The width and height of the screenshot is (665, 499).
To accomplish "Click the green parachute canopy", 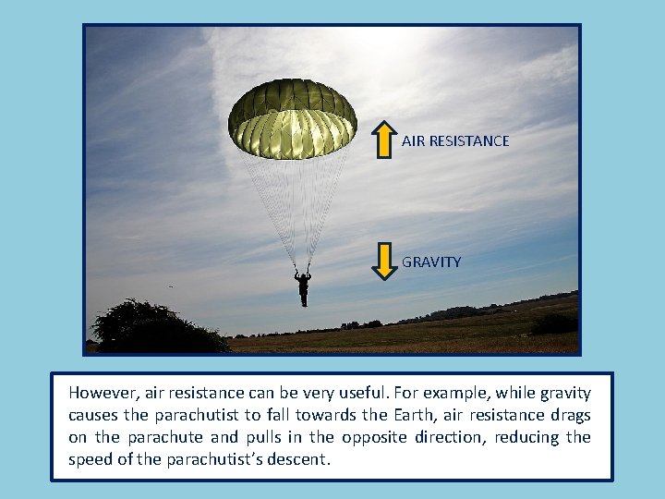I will (x=292, y=117).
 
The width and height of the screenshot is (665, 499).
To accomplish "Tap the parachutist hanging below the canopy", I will (x=302, y=287).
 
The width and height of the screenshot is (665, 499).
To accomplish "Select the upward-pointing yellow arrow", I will (x=384, y=140).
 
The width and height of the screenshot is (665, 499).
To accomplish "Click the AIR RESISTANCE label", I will (x=455, y=141).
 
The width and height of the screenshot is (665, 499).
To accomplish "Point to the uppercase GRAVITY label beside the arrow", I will (x=431, y=262).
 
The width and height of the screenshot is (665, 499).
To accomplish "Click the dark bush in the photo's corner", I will (x=148, y=328).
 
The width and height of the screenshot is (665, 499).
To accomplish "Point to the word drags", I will (x=570, y=414).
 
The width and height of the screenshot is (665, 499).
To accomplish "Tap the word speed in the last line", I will (x=89, y=460).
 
